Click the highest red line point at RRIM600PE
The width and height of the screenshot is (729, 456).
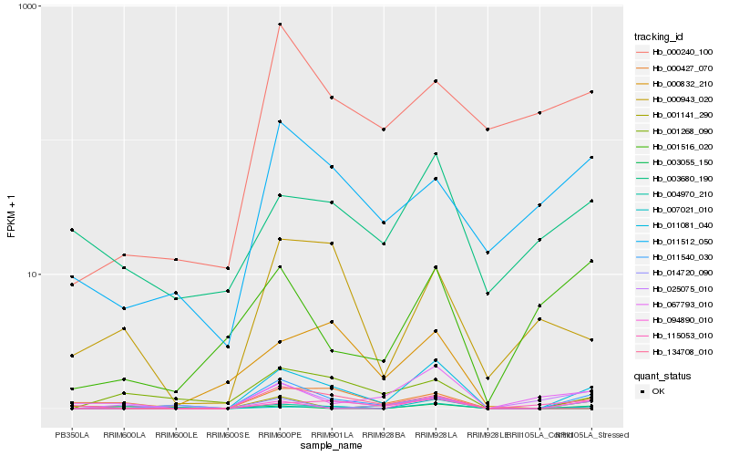[x=280, y=25]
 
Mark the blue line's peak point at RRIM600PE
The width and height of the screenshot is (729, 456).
[x=280, y=122]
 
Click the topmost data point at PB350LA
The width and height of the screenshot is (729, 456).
[x=71, y=230]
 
